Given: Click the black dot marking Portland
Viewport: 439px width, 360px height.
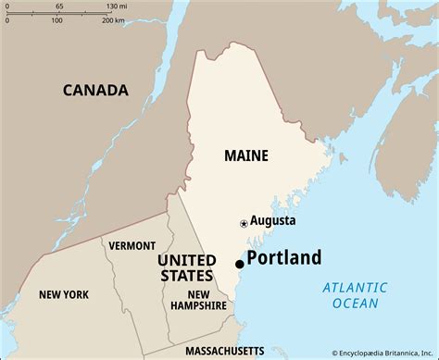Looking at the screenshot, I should pyautogui.click(x=239, y=265).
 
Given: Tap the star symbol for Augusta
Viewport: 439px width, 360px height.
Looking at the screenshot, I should pyautogui.click(x=244, y=223).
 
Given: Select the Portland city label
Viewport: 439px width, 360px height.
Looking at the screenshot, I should pyautogui.click(x=283, y=258).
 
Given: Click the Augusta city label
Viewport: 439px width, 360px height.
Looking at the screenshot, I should pyautogui.click(x=273, y=221).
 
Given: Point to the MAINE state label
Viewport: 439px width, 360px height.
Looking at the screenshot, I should pyautogui.click(x=246, y=155).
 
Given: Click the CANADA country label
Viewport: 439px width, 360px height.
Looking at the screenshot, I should pyautogui.click(x=95, y=90).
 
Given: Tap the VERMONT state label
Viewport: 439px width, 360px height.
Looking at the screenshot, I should pyautogui.click(x=125, y=246).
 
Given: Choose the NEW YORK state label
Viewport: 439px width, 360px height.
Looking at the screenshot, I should pyautogui.click(x=64, y=294).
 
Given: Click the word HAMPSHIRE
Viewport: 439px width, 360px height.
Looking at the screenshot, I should pyautogui.click(x=199, y=305).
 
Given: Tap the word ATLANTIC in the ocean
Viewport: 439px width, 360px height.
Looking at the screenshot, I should pyautogui.click(x=355, y=288).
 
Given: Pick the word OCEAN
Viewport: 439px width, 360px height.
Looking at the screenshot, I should pyautogui.click(x=355, y=303).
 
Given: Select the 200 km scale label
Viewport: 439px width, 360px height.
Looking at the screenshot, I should pyautogui.click(x=113, y=19).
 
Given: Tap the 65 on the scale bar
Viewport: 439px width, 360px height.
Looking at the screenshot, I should pyautogui.click(x=59, y=6).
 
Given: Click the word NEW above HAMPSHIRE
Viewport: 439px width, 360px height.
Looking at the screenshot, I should pyautogui.click(x=184, y=293).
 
